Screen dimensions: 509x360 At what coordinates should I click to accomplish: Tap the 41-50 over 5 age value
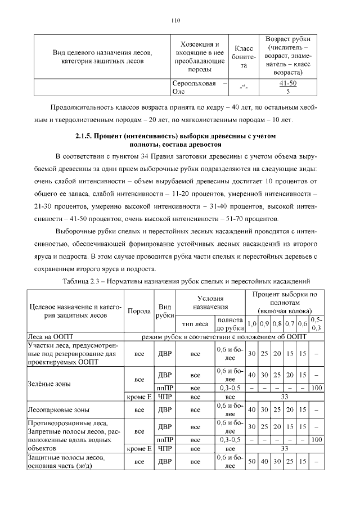(x=287, y=87)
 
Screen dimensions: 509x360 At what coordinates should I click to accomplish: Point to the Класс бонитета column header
(x=243, y=57)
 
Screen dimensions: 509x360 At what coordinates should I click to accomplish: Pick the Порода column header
(x=139, y=311)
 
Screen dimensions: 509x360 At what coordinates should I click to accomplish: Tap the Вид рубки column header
(x=165, y=311)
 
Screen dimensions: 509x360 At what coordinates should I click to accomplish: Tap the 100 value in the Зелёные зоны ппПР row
(x=317, y=388)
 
